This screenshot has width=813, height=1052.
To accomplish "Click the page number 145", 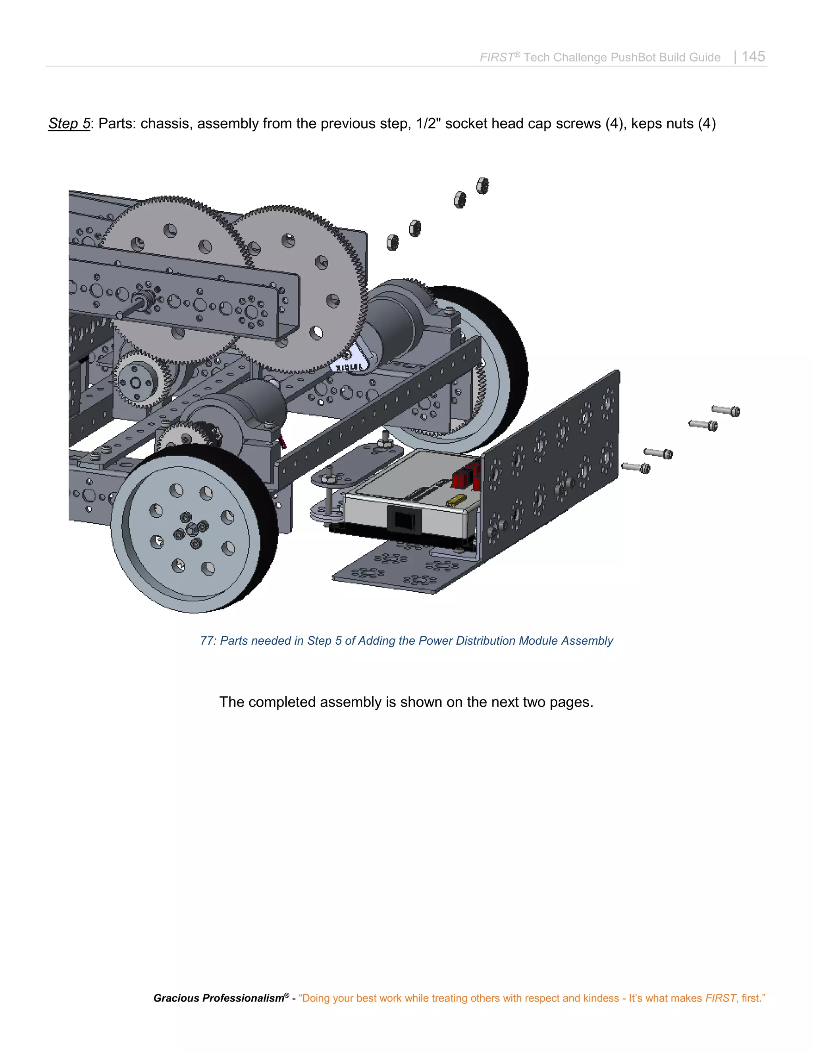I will click(753, 56).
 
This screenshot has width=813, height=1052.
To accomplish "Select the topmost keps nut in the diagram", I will click(483, 185).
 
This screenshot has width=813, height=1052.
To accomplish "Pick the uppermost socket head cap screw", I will click(726, 410).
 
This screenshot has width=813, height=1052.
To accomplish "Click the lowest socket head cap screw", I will click(636, 467).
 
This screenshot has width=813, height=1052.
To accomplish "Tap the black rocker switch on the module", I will click(404, 519).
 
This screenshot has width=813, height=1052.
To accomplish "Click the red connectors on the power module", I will click(465, 476).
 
